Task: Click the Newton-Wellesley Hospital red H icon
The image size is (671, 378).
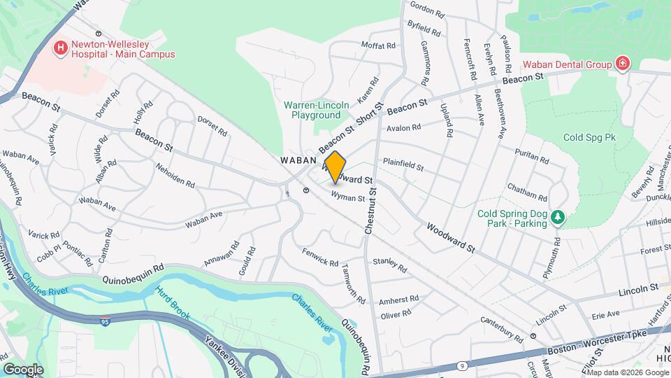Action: [x=61, y=48]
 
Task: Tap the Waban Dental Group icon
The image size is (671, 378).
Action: [x=621, y=64]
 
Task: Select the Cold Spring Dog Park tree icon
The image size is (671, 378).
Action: [x=557, y=218]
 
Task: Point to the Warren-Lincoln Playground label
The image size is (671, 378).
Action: [x=317, y=110]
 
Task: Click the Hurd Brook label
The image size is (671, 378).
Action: [x=172, y=302]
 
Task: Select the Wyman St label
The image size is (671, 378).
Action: [x=348, y=198]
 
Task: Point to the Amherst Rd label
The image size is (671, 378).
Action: [x=398, y=300]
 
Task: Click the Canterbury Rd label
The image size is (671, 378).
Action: [x=502, y=329]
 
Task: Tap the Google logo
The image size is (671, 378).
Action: [x=24, y=369]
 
